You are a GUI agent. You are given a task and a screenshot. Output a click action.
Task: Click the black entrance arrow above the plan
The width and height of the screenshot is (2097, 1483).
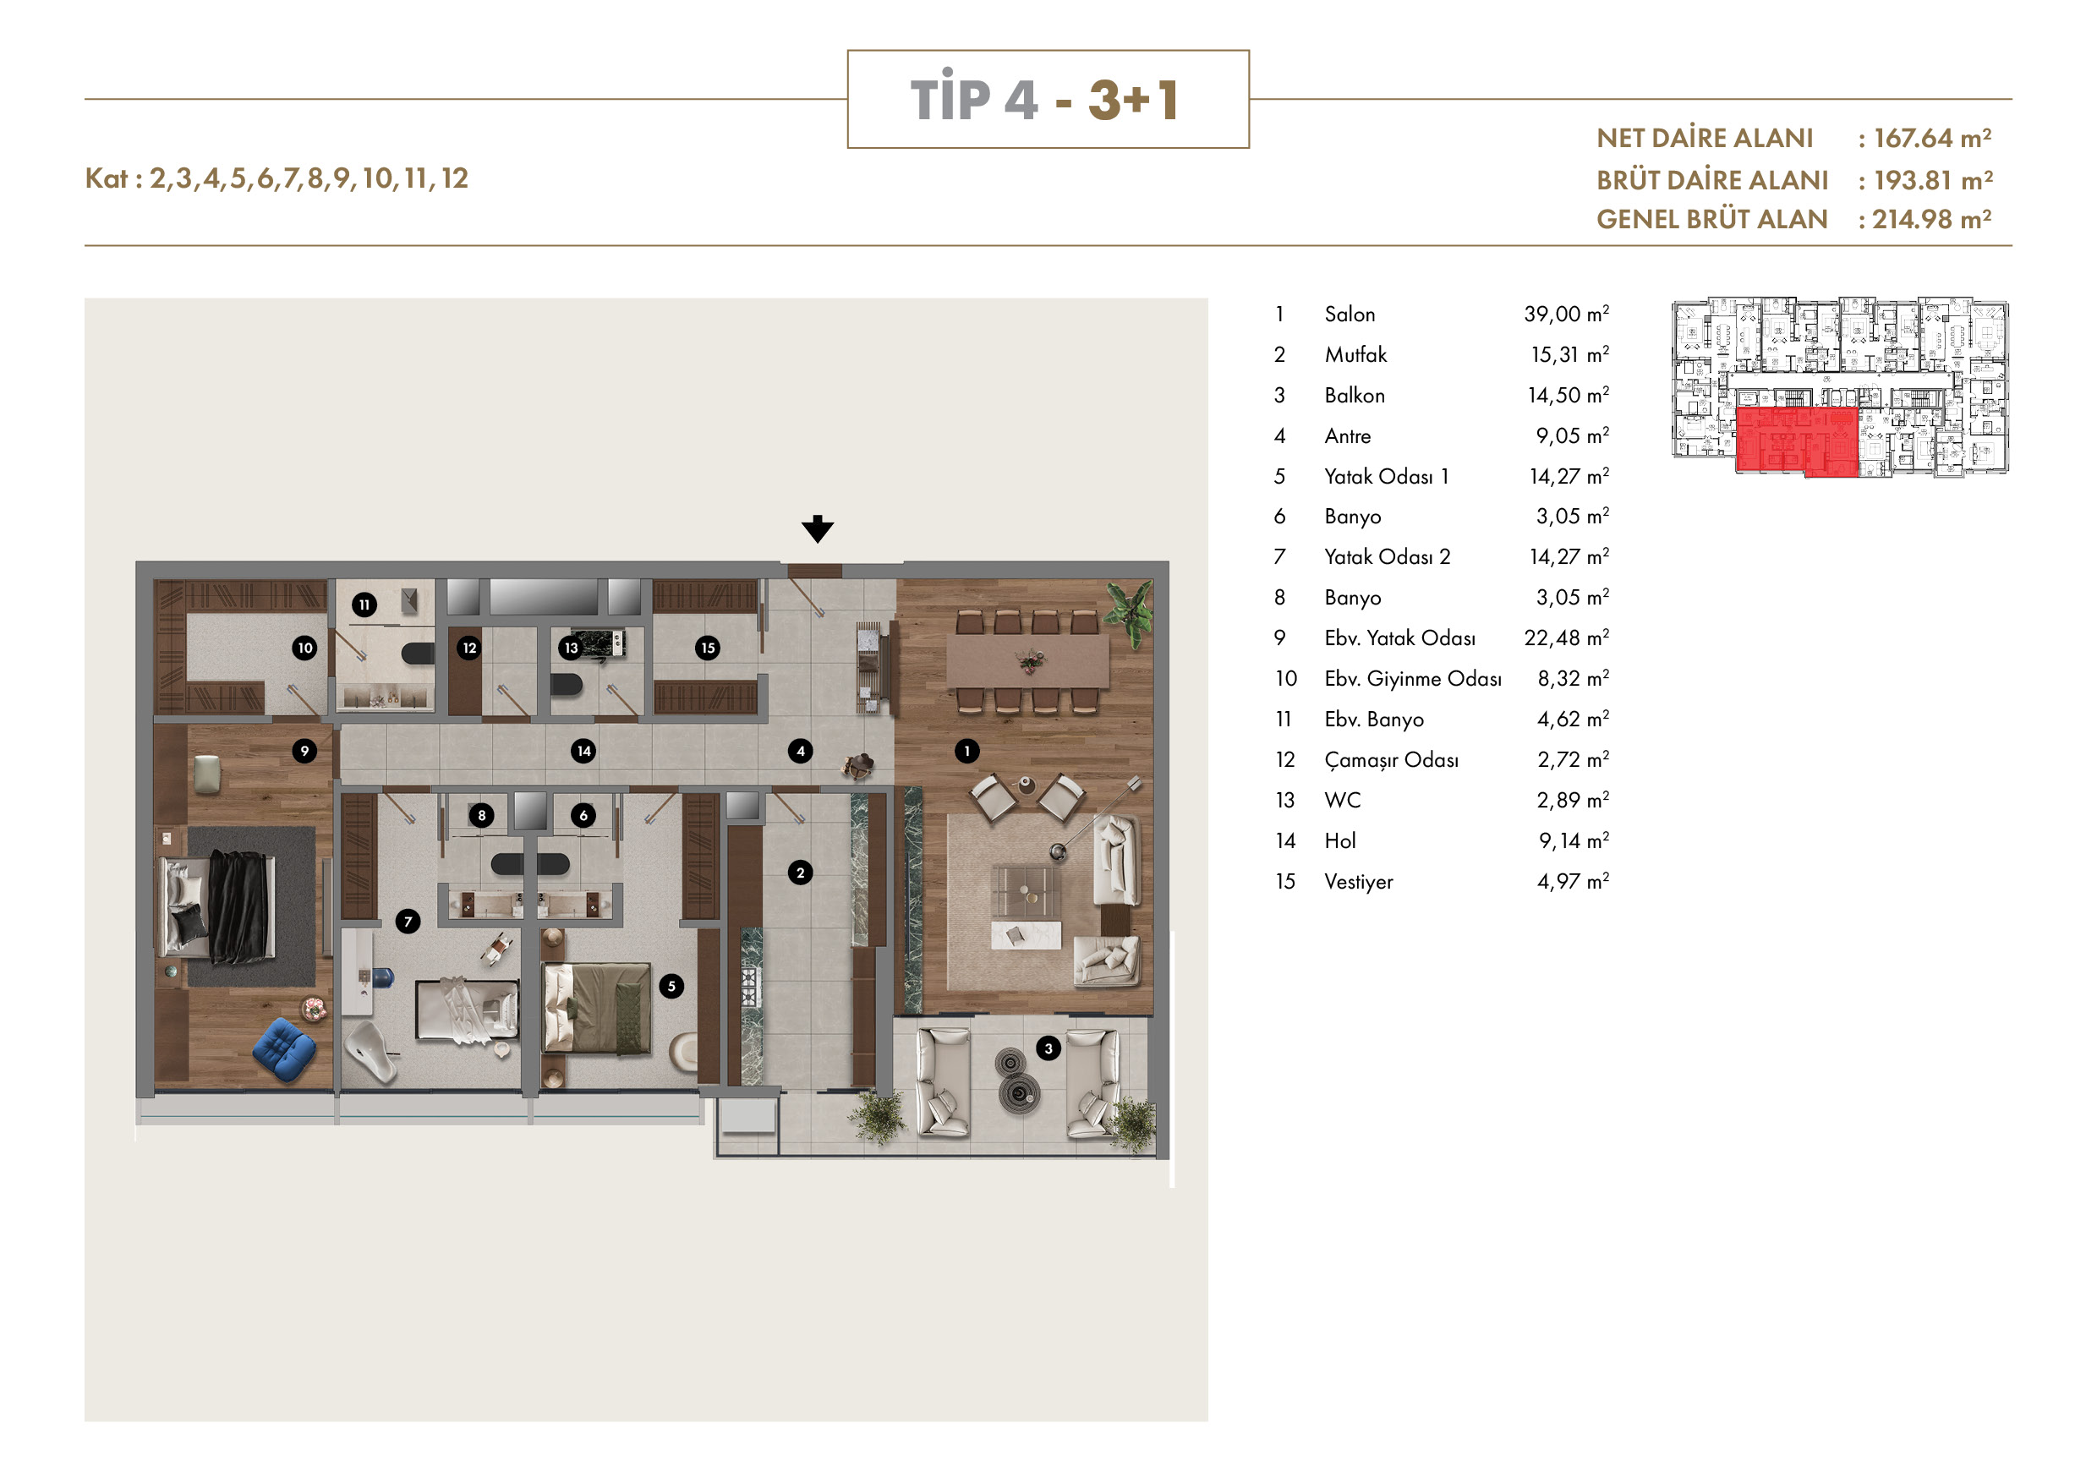[x=818, y=528]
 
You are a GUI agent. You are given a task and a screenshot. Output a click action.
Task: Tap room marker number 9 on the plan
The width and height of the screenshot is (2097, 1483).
[x=305, y=751]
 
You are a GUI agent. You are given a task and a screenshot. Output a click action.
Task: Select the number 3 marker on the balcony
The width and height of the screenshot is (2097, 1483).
[x=1048, y=1048]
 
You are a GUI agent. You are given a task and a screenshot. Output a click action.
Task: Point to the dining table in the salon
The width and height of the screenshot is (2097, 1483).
[x=1027, y=660]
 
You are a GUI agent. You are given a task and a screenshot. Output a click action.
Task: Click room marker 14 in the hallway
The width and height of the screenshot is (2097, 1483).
[x=583, y=751]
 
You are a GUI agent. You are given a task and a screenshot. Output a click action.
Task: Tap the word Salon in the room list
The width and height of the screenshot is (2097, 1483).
[x=1349, y=315]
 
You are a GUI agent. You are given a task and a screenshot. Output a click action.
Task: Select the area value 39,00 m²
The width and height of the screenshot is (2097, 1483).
[x=1566, y=315]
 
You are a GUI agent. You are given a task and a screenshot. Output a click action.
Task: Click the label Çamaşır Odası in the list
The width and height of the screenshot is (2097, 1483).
[x=1391, y=761]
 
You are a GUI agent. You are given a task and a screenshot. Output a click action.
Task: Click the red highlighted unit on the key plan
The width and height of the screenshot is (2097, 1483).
[x=1797, y=441]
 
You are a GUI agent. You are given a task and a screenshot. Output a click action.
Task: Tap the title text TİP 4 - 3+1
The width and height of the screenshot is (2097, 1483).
[x=1046, y=99]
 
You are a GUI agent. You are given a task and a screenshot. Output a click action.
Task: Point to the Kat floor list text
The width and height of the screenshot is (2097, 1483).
[x=276, y=178]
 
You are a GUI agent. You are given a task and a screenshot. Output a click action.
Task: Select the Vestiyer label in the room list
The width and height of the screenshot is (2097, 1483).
[x=1359, y=882]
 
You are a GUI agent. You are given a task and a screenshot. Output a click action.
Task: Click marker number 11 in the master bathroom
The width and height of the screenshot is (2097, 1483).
[x=364, y=605]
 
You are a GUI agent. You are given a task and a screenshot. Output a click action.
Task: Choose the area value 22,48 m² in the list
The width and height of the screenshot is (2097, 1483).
[x=1566, y=638]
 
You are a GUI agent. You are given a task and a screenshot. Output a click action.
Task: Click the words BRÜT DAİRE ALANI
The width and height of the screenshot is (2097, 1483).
[x=1712, y=180]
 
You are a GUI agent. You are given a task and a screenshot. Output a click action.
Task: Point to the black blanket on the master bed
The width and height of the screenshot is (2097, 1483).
[x=238, y=906]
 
